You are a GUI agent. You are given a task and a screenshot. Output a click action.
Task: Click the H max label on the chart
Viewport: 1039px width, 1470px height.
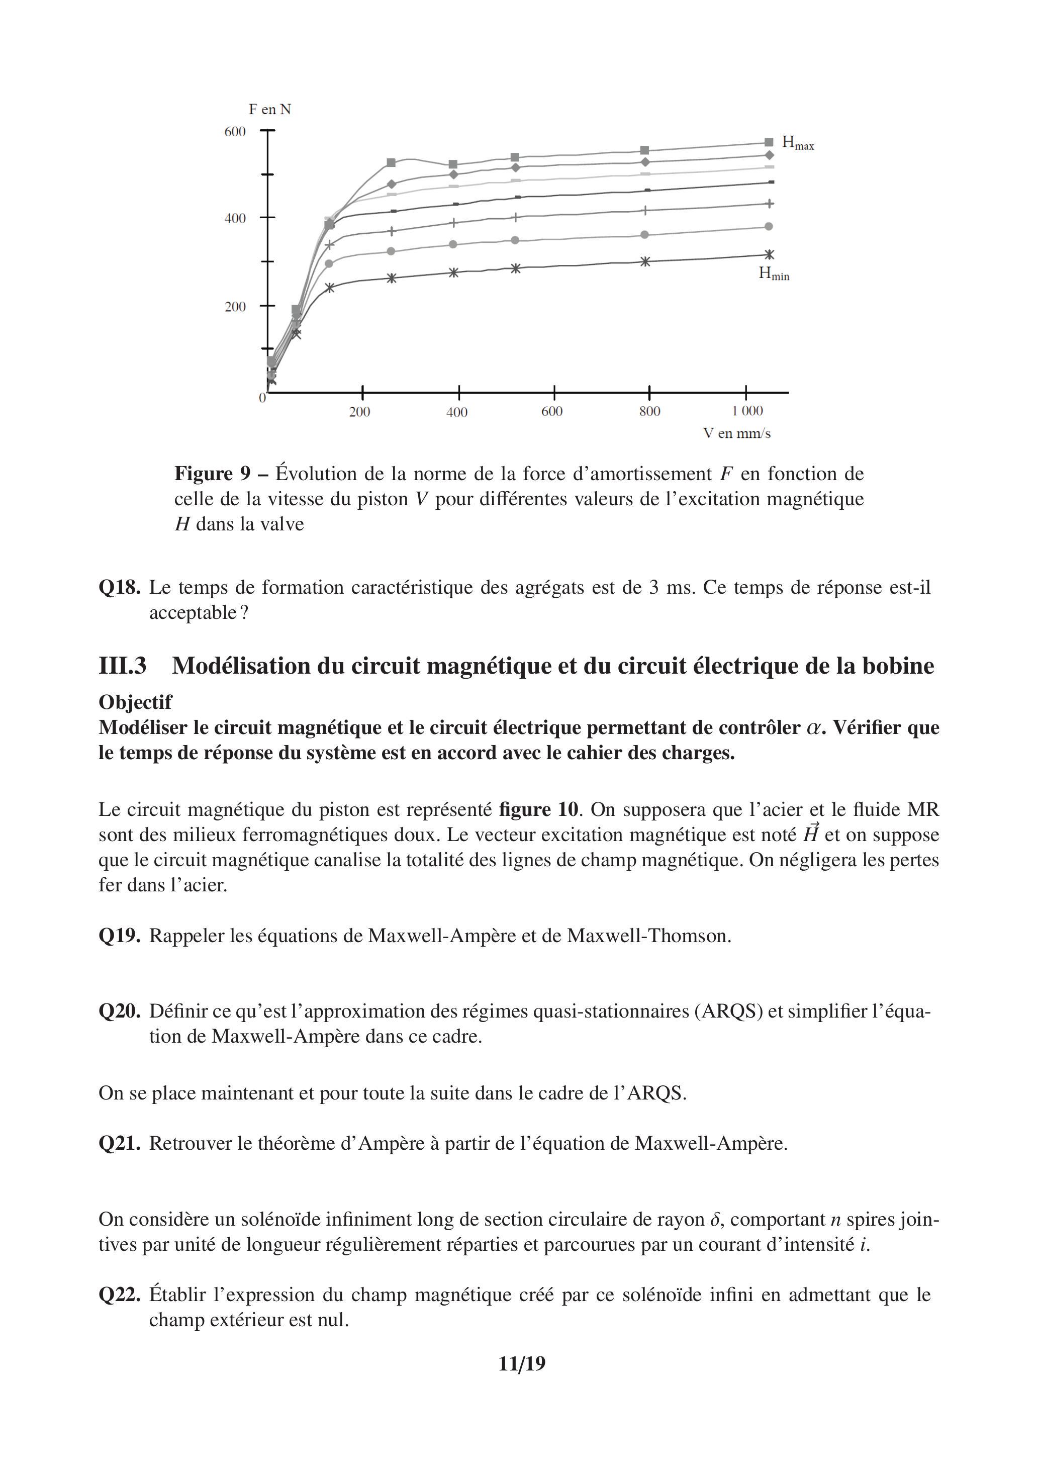tap(797, 143)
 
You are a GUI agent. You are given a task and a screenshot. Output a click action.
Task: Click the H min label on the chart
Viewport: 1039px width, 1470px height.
tap(773, 274)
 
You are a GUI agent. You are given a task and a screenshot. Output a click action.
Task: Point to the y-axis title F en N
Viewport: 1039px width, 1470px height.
tap(269, 110)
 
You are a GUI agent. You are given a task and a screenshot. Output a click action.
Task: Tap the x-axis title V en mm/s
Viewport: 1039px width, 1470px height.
tap(736, 433)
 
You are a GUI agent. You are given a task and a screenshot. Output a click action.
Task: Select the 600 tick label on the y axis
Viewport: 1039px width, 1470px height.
tap(235, 132)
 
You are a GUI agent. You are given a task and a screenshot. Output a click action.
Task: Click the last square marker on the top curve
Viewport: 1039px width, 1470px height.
tap(769, 142)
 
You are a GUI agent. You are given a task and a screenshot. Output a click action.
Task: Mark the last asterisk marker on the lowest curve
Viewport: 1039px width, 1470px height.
tap(769, 255)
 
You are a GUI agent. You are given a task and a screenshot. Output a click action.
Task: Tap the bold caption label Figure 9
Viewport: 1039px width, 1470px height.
tap(213, 474)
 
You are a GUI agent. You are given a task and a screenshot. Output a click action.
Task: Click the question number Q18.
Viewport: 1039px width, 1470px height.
tap(119, 588)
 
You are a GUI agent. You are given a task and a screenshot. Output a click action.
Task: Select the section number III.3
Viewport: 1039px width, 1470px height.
tap(122, 666)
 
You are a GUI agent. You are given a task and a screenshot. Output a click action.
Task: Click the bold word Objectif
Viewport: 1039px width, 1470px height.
tap(135, 702)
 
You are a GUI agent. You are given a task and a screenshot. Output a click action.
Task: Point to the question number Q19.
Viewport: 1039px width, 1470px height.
tap(119, 936)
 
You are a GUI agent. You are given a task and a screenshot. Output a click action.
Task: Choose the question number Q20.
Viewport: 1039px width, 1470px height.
tap(119, 1012)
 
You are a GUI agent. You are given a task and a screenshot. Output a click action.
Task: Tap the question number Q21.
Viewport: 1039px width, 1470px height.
tap(119, 1144)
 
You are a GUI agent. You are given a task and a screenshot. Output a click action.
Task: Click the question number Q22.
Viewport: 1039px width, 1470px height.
tap(119, 1295)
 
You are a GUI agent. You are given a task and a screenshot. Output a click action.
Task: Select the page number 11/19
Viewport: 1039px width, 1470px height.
tap(522, 1364)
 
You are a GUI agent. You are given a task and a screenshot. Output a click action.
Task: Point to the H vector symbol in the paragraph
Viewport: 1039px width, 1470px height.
tap(810, 834)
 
